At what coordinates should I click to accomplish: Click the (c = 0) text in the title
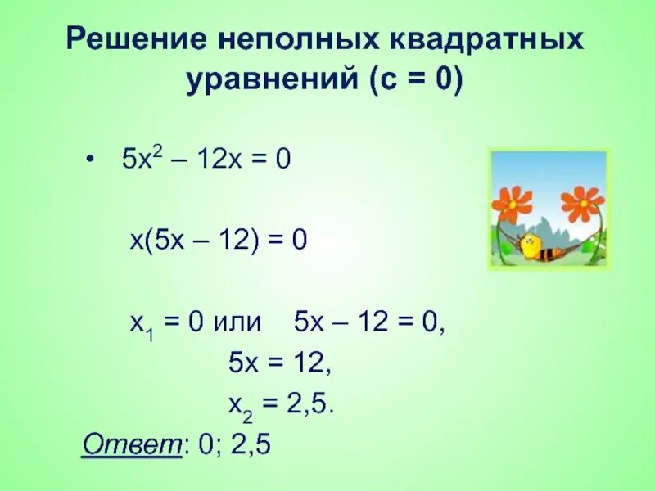pos(415,83)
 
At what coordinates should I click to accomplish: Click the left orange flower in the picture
pos(513,202)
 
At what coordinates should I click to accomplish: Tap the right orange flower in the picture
pos(582,202)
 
